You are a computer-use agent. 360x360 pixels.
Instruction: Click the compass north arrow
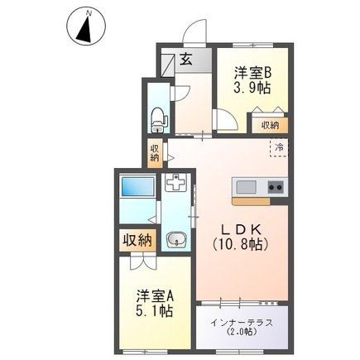(84, 27)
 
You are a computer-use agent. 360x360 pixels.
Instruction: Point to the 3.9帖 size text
(252, 87)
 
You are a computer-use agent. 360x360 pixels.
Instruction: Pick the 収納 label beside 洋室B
(270, 125)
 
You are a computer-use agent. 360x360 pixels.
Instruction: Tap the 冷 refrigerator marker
(280, 147)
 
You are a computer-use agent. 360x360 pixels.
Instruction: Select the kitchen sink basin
(248, 185)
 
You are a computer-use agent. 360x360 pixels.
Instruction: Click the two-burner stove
(274, 185)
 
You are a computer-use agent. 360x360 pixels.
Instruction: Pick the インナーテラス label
(242, 322)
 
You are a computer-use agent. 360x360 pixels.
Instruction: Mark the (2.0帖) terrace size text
(242, 334)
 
